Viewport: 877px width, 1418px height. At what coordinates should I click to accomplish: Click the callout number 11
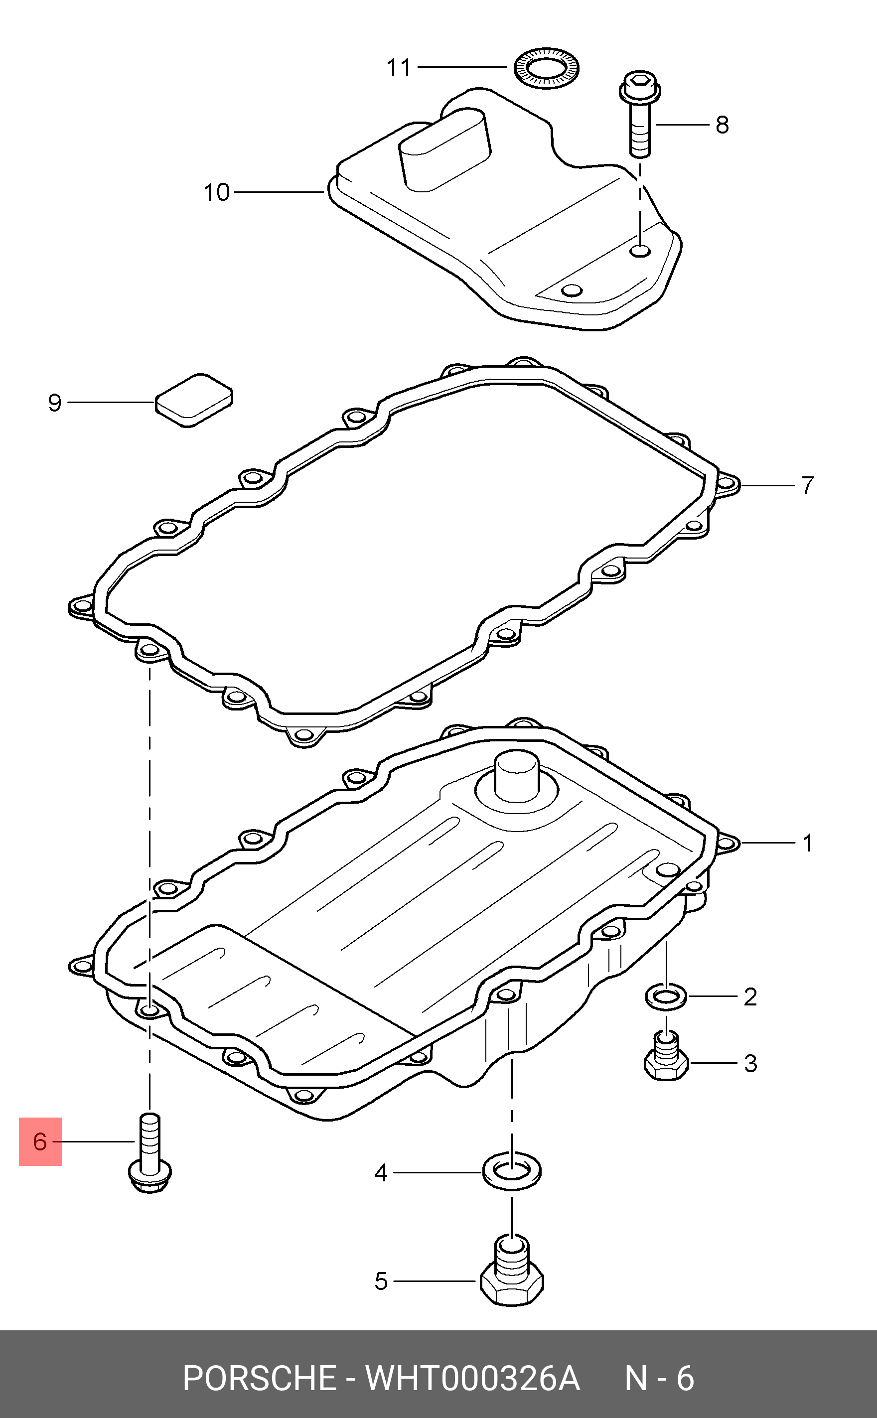399,68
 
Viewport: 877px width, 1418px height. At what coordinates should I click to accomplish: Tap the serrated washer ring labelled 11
547,68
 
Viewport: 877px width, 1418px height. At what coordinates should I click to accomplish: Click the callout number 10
216,192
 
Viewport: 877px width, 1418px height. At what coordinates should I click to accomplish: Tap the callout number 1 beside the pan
807,843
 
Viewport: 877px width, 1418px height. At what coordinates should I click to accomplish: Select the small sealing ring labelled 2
666,997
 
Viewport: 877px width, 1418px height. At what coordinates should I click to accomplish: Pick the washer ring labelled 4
512,1171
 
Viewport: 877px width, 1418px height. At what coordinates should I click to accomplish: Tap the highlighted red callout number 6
40,1141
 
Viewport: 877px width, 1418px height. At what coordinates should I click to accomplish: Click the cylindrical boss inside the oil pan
516,777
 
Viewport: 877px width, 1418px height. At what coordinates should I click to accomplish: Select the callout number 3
750,1064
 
